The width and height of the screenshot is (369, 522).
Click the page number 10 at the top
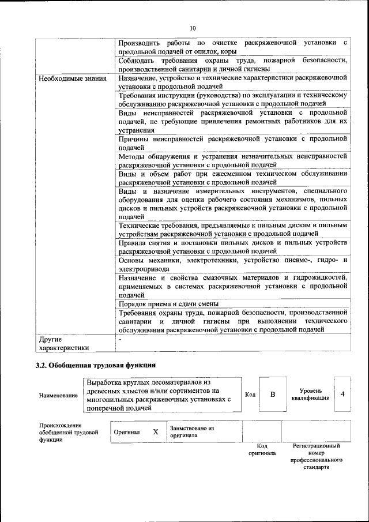click(x=193, y=28)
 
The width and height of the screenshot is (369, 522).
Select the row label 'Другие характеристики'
click(x=63, y=343)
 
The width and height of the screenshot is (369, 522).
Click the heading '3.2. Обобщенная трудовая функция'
click(x=95, y=365)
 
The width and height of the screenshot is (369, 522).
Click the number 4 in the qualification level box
click(x=342, y=394)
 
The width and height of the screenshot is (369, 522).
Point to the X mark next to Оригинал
click(x=155, y=431)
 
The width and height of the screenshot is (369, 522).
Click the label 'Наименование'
click(x=58, y=395)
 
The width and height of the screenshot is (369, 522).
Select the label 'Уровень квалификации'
click(x=310, y=395)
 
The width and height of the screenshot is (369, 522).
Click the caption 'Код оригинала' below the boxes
click(x=262, y=449)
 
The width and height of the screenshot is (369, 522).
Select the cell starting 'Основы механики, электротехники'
click(x=233, y=265)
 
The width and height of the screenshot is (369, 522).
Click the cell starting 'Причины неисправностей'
click(x=233, y=143)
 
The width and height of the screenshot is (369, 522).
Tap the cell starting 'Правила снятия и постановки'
click(x=233, y=247)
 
